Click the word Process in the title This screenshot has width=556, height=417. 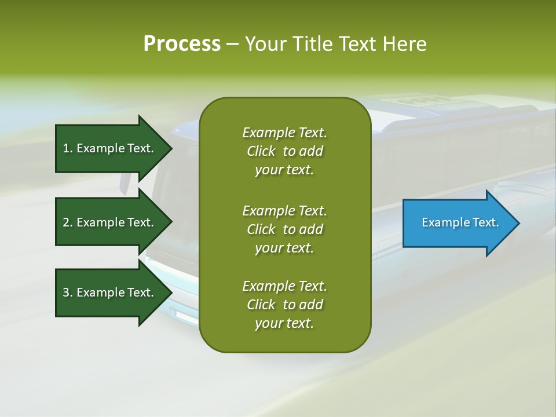tap(182, 44)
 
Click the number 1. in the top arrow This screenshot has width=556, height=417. tap(67, 148)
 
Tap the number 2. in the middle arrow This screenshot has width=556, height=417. tap(67, 222)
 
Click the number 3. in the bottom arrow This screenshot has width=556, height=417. tap(67, 292)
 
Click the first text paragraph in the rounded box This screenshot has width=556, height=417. tap(284, 151)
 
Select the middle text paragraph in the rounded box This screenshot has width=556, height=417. tap(284, 229)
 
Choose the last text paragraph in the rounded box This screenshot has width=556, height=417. tap(284, 305)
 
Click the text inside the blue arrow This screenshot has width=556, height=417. tap(460, 222)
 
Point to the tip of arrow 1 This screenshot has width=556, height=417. tap(171, 148)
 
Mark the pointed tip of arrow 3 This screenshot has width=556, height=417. tap(171, 292)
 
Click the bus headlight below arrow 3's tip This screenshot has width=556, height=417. tap(184, 316)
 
